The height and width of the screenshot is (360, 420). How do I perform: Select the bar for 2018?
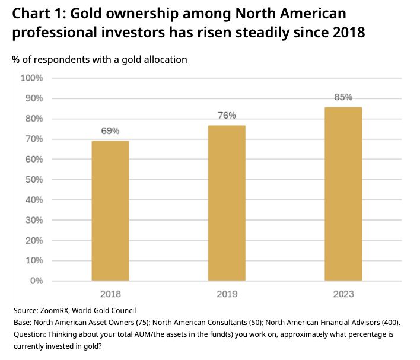[x=110, y=211]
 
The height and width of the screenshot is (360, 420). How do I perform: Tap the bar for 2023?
[x=343, y=193]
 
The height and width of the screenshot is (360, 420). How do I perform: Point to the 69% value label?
[x=110, y=131]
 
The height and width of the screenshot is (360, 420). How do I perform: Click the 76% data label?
[x=227, y=116]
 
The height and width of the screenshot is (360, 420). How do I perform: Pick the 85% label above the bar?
[x=343, y=97]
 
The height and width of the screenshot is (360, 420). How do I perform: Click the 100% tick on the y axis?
[x=32, y=78]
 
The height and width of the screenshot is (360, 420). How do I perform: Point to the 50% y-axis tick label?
[x=34, y=180]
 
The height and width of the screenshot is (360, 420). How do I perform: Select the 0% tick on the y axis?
[x=36, y=281]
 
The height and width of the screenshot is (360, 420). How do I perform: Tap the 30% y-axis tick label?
[x=34, y=220]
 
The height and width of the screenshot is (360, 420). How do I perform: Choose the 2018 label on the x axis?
[x=110, y=293]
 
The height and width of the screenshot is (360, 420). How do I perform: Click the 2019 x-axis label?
[x=227, y=293]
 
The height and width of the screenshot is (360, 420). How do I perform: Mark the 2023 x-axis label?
[x=343, y=293]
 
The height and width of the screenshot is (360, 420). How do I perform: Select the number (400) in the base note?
[x=390, y=322]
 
